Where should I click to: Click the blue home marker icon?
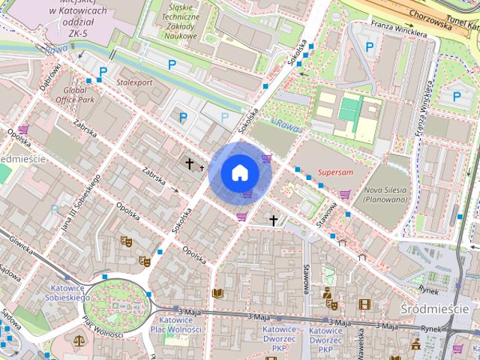click(x=240, y=172)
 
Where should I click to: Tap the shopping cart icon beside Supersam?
click(x=344, y=194)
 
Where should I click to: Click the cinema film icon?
click(x=364, y=304)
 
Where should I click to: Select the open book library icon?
click(x=217, y=292)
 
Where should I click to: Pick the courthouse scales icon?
click(x=79, y=340)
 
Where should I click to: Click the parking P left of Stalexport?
click(x=104, y=72)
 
